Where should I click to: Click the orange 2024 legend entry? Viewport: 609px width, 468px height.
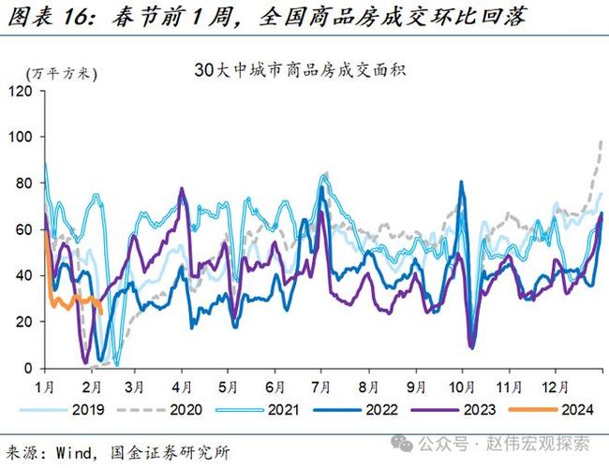(571, 409)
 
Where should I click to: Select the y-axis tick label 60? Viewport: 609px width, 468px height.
(24, 229)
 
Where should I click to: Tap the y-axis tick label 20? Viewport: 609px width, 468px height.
(24, 321)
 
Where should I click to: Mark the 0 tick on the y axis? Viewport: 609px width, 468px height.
(28, 368)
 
